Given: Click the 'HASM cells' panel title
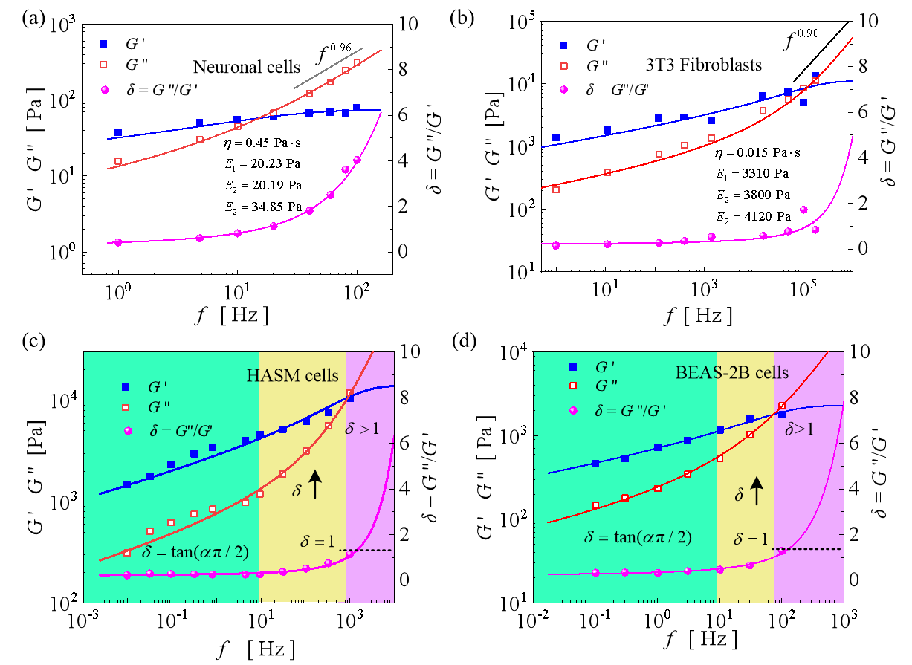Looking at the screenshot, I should click(292, 376).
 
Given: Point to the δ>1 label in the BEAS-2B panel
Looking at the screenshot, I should click(801, 428).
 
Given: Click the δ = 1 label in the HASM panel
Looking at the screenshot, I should click(317, 542).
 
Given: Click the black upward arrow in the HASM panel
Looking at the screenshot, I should click(315, 484).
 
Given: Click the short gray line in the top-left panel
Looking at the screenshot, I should click(328, 68).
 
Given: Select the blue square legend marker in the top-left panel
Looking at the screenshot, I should click(103, 44).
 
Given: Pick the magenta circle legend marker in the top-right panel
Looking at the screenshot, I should click(563, 90).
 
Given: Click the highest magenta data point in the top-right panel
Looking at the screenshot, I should click(803, 210).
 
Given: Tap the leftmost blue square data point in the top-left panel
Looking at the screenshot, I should click(117, 133).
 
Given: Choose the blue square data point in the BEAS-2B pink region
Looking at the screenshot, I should click(782, 415).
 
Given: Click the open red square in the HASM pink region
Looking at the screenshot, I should click(350, 393).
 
